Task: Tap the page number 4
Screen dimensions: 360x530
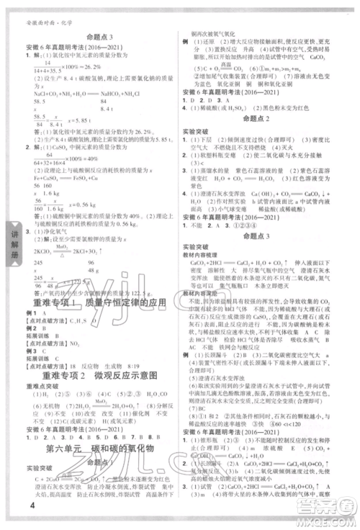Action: coord(14,512)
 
